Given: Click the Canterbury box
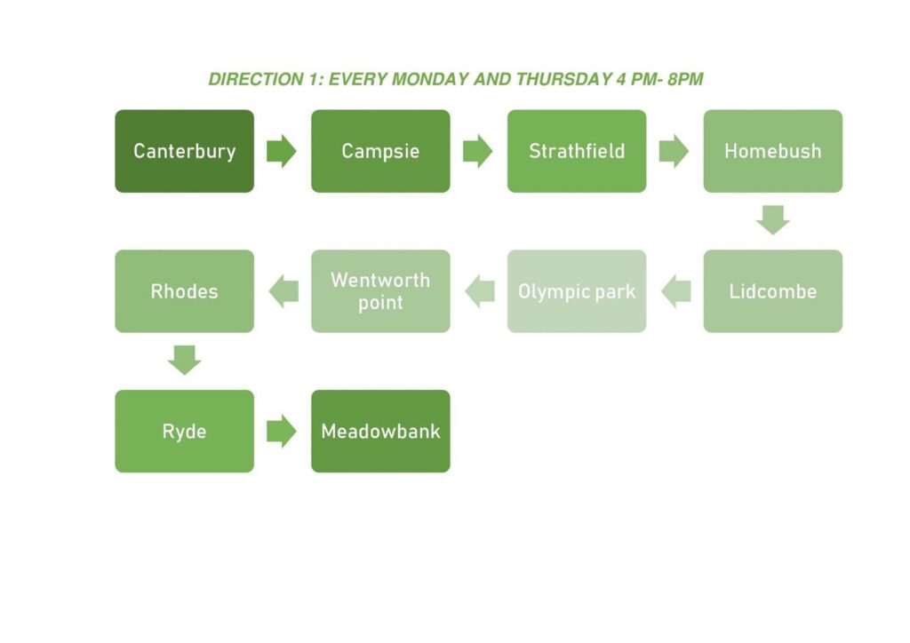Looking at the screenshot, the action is click(x=185, y=151).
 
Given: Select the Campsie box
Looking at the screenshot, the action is click(x=380, y=151).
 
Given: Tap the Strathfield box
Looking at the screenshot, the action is click(x=577, y=151).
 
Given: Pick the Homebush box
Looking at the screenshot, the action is click(x=773, y=151).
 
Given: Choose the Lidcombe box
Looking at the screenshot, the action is click(x=773, y=291).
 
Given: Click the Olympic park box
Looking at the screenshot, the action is click(x=577, y=291).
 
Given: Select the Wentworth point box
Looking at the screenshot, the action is click(x=380, y=291).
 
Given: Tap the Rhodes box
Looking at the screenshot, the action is click(x=185, y=291).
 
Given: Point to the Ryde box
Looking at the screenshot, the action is click(x=185, y=432).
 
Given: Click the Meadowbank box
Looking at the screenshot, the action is click(x=380, y=432).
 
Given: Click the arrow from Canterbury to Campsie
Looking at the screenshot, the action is click(x=282, y=151).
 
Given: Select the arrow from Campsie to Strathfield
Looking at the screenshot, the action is click(x=477, y=151).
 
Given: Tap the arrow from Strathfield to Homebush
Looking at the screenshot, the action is click(x=674, y=151).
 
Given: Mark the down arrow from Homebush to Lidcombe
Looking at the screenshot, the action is click(x=773, y=219).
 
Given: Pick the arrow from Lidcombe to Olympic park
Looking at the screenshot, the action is click(x=676, y=291).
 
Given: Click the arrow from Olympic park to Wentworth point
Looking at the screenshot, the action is click(x=480, y=291).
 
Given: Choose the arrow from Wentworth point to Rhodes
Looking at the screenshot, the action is click(x=283, y=291).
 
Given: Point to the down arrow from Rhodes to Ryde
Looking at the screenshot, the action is click(x=185, y=360).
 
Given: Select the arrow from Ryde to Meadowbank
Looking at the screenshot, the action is click(x=282, y=432).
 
